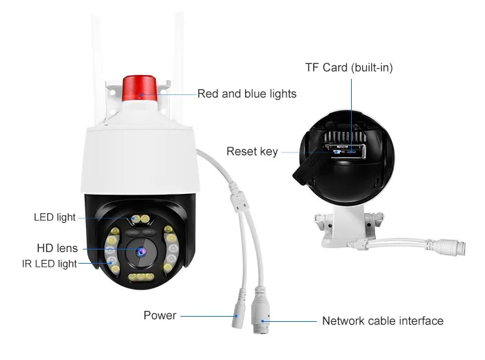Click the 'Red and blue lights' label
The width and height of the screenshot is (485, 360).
click(x=246, y=94)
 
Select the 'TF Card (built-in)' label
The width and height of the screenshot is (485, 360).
click(x=349, y=67)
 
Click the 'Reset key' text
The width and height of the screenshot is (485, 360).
click(x=252, y=152)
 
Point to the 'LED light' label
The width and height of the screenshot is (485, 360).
click(x=54, y=217)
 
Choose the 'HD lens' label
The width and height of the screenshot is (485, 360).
click(x=57, y=248)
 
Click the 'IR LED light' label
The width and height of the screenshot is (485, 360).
click(x=48, y=264)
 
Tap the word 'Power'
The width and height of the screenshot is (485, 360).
click(x=160, y=315)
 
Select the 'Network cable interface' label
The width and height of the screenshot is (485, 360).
click(x=383, y=321)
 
